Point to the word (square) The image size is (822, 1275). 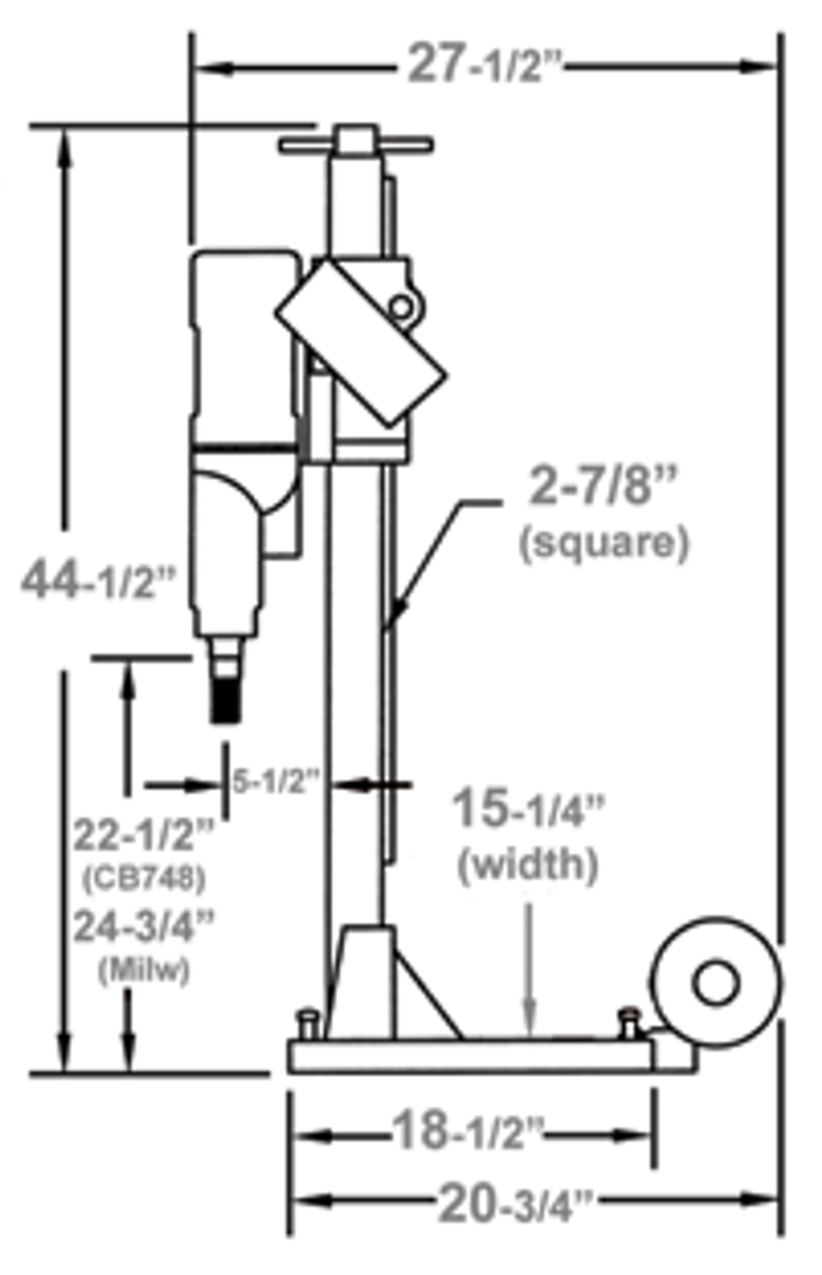pos(603,544)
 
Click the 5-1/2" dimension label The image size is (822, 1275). pos(275,783)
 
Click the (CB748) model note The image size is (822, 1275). pos(141,879)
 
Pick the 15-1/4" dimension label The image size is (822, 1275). pos(528,811)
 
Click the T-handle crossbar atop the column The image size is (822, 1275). pos(356,145)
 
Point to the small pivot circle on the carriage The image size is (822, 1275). pos(402,308)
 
